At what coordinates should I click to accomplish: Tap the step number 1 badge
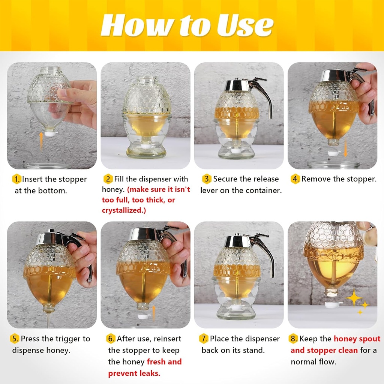click(16, 179)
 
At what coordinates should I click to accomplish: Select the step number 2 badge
click(108, 179)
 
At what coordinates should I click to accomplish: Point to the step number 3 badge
click(207, 179)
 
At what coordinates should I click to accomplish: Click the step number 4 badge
click(295, 179)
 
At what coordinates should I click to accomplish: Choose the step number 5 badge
click(15, 339)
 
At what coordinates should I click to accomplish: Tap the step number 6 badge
click(111, 339)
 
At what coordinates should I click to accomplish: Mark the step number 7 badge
click(204, 339)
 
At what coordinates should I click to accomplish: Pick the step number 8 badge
click(293, 339)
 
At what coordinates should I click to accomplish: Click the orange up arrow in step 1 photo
click(40, 141)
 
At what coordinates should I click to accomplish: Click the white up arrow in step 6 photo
click(153, 310)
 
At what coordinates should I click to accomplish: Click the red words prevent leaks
click(134, 373)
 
